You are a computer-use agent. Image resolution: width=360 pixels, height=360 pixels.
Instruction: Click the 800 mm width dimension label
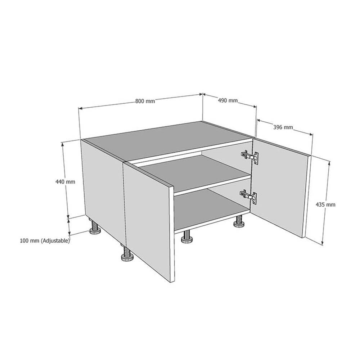pyautogui.click(x=145, y=101)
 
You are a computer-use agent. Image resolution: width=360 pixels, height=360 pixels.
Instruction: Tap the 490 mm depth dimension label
pyautogui.click(x=228, y=101)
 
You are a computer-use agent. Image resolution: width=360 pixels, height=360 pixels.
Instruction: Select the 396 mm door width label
pyautogui.click(x=283, y=127)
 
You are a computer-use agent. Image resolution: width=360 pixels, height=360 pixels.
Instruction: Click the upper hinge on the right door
pyautogui.click(x=250, y=156)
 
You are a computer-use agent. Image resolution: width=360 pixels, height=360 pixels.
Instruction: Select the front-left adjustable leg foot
pyautogui.click(x=126, y=257)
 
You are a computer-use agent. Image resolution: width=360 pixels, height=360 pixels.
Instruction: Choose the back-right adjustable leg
pyautogui.click(x=238, y=222)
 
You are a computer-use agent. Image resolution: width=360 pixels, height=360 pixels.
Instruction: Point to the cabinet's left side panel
pyautogui.click(x=102, y=187)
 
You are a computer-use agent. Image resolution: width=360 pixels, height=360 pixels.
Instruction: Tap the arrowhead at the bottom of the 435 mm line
pyautogui.click(x=323, y=243)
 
